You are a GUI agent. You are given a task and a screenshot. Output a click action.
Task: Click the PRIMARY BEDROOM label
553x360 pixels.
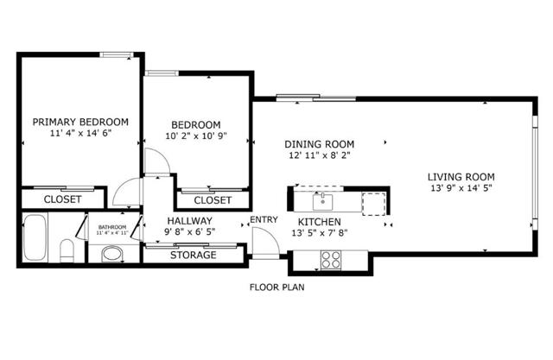coord(80,122)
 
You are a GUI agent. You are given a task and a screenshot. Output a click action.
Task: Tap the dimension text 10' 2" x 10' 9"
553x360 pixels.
coord(195,136)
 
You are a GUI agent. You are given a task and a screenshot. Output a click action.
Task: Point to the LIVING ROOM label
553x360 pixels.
coord(467,177)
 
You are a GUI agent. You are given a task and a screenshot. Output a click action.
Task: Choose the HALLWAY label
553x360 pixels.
coord(189,221)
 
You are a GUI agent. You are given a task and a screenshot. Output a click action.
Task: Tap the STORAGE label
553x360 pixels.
coord(193,255)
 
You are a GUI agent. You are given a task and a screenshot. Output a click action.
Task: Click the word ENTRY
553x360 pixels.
coord(264,220)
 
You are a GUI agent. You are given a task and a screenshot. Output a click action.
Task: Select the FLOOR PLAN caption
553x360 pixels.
coord(276,287)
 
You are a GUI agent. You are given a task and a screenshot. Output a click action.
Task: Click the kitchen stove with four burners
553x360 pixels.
coord(332,258)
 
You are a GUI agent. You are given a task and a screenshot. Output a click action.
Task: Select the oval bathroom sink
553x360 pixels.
coord(111,255)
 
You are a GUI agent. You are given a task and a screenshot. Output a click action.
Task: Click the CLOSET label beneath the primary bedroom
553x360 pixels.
coord(62,199)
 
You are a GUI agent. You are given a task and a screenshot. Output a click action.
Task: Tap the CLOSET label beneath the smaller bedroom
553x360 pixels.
coord(212,200)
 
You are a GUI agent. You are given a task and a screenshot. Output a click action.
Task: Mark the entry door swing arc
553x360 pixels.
coord(264,243)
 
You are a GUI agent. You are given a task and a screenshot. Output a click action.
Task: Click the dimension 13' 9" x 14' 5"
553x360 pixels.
coord(467,188)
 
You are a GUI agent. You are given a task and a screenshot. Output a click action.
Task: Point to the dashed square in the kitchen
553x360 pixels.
coord(373,202)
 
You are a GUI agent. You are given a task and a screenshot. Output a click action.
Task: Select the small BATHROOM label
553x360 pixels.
coord(111,227)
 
